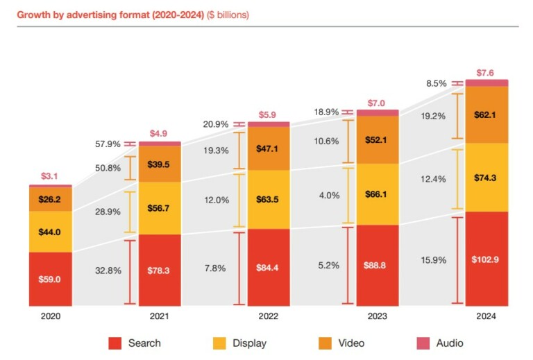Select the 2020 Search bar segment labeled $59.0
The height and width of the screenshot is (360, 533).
point(50,279)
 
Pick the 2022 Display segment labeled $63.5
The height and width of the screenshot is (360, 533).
point(269,200)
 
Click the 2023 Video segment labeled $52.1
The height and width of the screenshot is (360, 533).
point(378,140)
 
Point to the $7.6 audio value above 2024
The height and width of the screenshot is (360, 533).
point(486,73)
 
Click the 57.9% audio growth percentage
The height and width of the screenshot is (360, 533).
point(108,144)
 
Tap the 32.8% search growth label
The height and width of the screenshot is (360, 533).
point(108,271)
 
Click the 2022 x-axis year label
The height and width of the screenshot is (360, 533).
point(268,316)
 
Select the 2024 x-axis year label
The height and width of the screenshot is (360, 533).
point(486,316)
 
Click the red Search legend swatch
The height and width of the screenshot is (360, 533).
point(116,343)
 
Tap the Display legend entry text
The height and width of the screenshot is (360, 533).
point(249,343)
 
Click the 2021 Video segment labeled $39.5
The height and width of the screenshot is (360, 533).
point(160,164)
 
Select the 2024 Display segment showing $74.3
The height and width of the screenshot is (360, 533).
point(486,178)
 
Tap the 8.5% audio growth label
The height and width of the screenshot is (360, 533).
point(437,83)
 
